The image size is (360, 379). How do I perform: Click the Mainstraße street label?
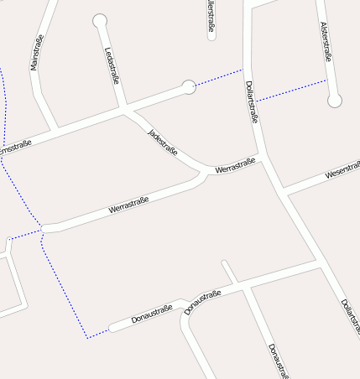(37, 53)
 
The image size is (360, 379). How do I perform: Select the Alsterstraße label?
(326, 41)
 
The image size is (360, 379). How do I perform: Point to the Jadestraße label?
(163, 143)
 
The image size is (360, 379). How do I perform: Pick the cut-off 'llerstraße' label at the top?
(210, 18)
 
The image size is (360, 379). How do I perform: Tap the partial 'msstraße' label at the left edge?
(14, 148)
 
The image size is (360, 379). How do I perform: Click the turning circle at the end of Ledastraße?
(100, 20)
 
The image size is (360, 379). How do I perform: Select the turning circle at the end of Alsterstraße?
(335, 101)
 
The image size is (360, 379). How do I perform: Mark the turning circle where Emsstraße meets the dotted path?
(190, 86)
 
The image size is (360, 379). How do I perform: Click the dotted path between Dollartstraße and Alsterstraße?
(290, 91)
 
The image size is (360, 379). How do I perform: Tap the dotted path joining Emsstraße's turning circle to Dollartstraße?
(218, 77)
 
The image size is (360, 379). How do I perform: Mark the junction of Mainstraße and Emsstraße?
(55, 132)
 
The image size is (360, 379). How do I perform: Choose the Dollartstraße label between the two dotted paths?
(251, 101)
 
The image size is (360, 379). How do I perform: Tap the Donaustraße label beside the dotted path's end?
(151, 314)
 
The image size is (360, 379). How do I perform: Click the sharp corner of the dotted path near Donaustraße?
(86, 338)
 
